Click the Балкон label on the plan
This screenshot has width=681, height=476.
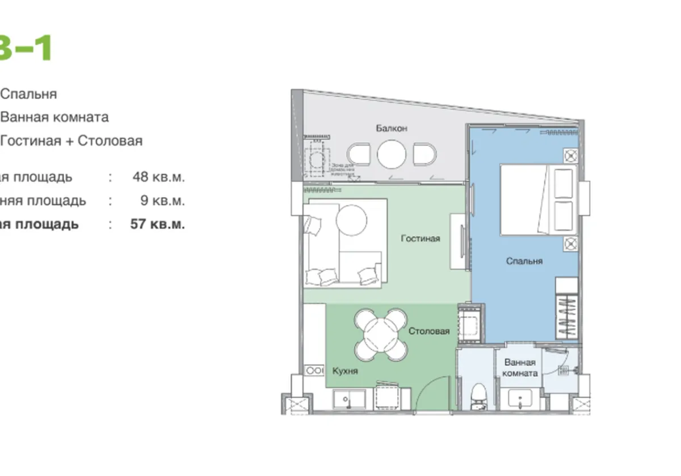click(x=391, y=129)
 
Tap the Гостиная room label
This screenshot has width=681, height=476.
click(x=420, y=239)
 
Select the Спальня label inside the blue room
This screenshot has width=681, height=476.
click(x=524, y=261)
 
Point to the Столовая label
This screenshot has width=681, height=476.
click(x=429, y=331)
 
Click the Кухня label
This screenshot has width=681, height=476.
click(x=345, y=371)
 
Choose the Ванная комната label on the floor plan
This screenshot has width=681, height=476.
click(x=520, y=368)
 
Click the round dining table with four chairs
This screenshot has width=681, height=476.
click(x=381, y=334)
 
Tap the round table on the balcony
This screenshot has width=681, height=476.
click(x=392, y=154)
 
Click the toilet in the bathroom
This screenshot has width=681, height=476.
click(x=479, y=395)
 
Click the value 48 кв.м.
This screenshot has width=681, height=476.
click(x=158, y=177)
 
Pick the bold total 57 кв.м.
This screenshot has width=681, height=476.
click(x=157, y=224)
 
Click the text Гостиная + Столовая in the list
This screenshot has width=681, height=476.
click(x=72, y=141)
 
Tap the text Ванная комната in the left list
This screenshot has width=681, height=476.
click(x=54, y=117)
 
